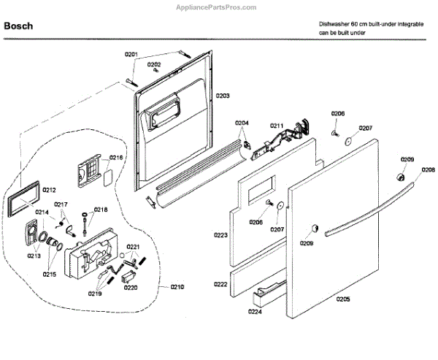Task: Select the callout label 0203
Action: point(222,96)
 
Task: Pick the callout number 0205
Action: point(342,299)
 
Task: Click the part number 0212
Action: point(49,190)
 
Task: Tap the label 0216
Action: point(116,158)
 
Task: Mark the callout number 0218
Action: point(101,210)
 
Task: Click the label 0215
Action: point(49,274)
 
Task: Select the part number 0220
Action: point(130,288)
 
